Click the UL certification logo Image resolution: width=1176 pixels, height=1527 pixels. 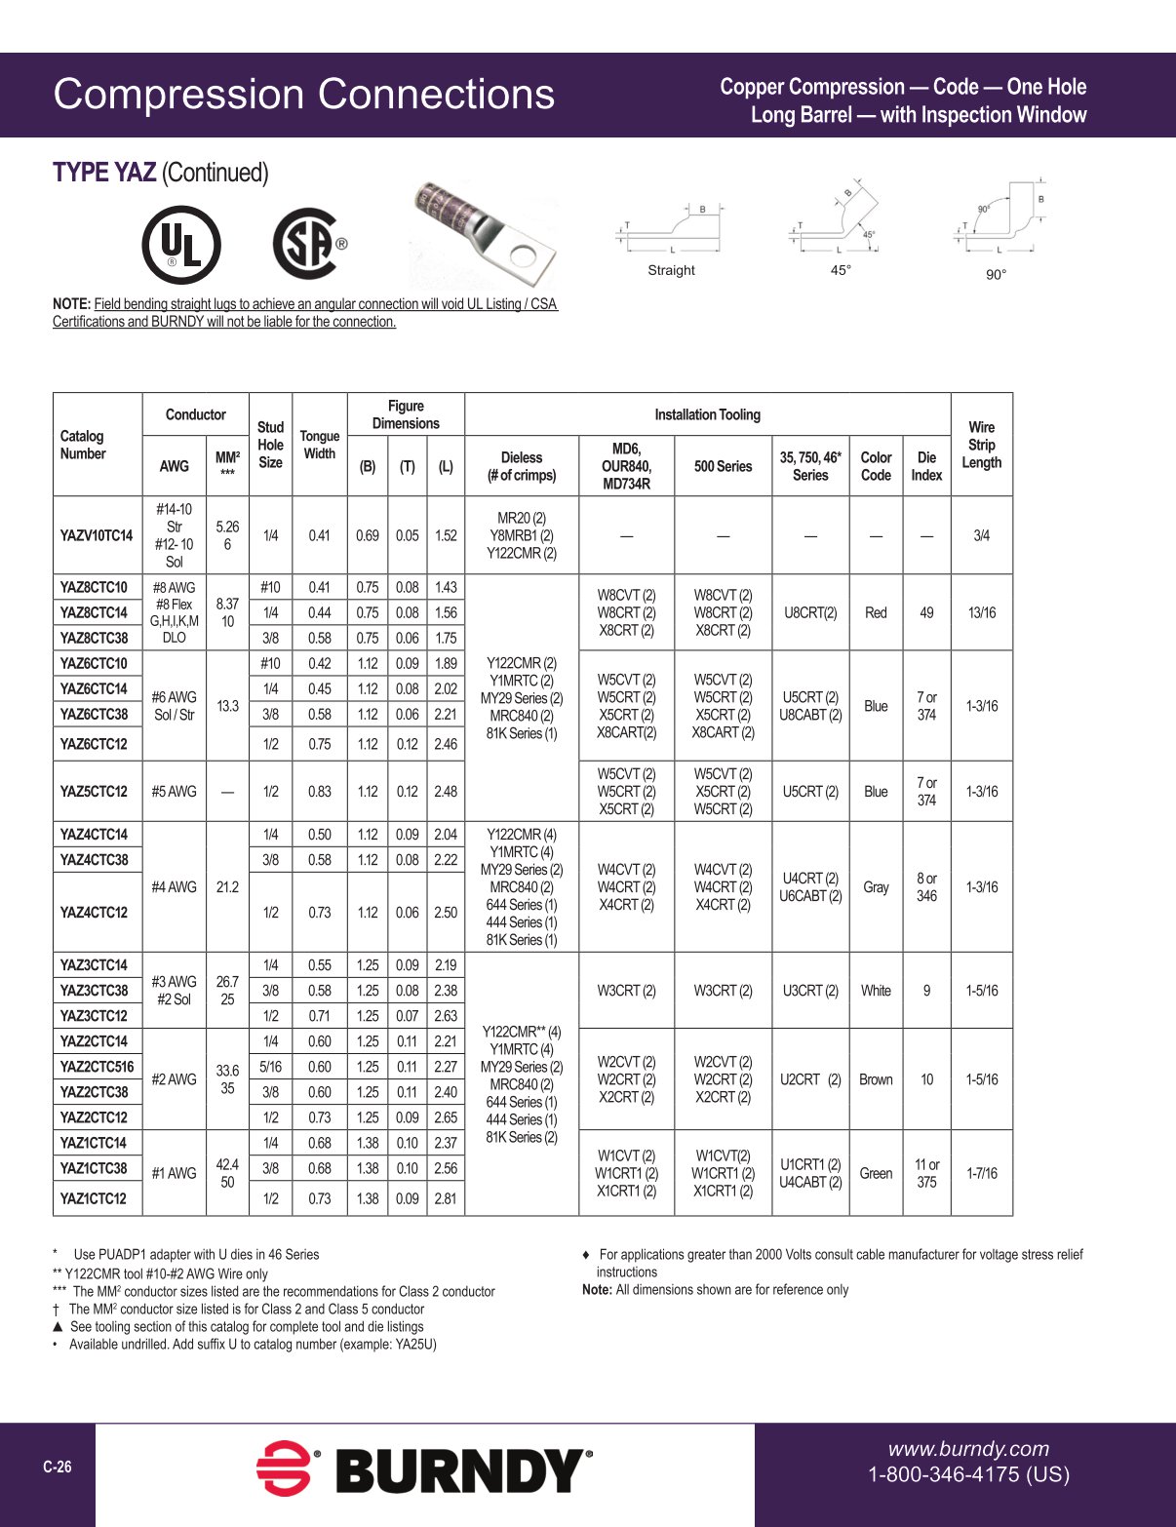point(180,245)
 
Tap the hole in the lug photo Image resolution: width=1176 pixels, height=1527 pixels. point(524,256)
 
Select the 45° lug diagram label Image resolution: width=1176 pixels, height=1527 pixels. point(840,270)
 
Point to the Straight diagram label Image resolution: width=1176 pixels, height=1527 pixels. point(671,270)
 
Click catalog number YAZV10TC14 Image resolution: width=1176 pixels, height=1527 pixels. point(97,535)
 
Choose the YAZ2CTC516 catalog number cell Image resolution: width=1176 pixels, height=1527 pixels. point(97,1067)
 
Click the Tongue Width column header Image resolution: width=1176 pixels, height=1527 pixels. point(320,445)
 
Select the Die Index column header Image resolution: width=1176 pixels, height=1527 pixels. point(926,466)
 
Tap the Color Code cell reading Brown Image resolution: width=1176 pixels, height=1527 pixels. point(876,1079)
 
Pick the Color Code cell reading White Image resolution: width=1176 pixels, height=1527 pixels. point(876,991)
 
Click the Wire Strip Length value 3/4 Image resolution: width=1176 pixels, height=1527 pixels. point(981,535)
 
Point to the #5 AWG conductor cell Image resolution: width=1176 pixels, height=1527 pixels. point(174,792)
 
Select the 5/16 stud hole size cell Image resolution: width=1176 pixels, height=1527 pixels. point(270,1067)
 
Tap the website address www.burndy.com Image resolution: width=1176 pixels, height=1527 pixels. point(968,1449)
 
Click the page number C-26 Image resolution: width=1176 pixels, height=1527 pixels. point(57,1468)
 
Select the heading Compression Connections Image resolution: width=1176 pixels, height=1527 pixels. point(303,95)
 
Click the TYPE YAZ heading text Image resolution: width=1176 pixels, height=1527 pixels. point(104,173)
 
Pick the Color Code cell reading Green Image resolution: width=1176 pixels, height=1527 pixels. point(876,1173)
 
